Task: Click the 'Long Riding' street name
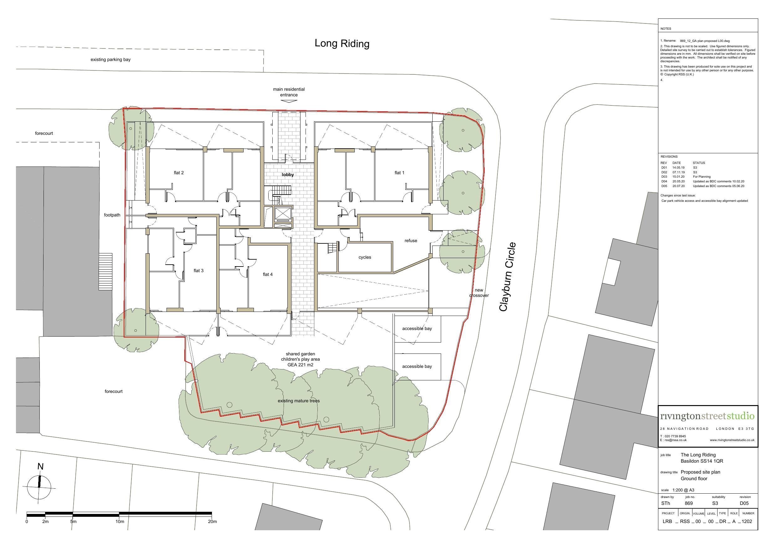[342, 43]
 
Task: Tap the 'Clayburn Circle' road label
[508, 277]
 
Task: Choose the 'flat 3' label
[199, 271]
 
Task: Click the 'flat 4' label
[268, 274]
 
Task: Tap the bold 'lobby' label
[288, 175]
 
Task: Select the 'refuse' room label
[411, 241]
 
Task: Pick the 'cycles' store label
[365, 257]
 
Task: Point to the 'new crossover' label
[479, 293]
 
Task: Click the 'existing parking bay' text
[110, 60]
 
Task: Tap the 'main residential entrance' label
[289, 92]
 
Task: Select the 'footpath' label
[112, 215]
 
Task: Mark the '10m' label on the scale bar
[120, 521]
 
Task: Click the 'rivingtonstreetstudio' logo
[707, 416]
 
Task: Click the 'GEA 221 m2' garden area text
[300, 365]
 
